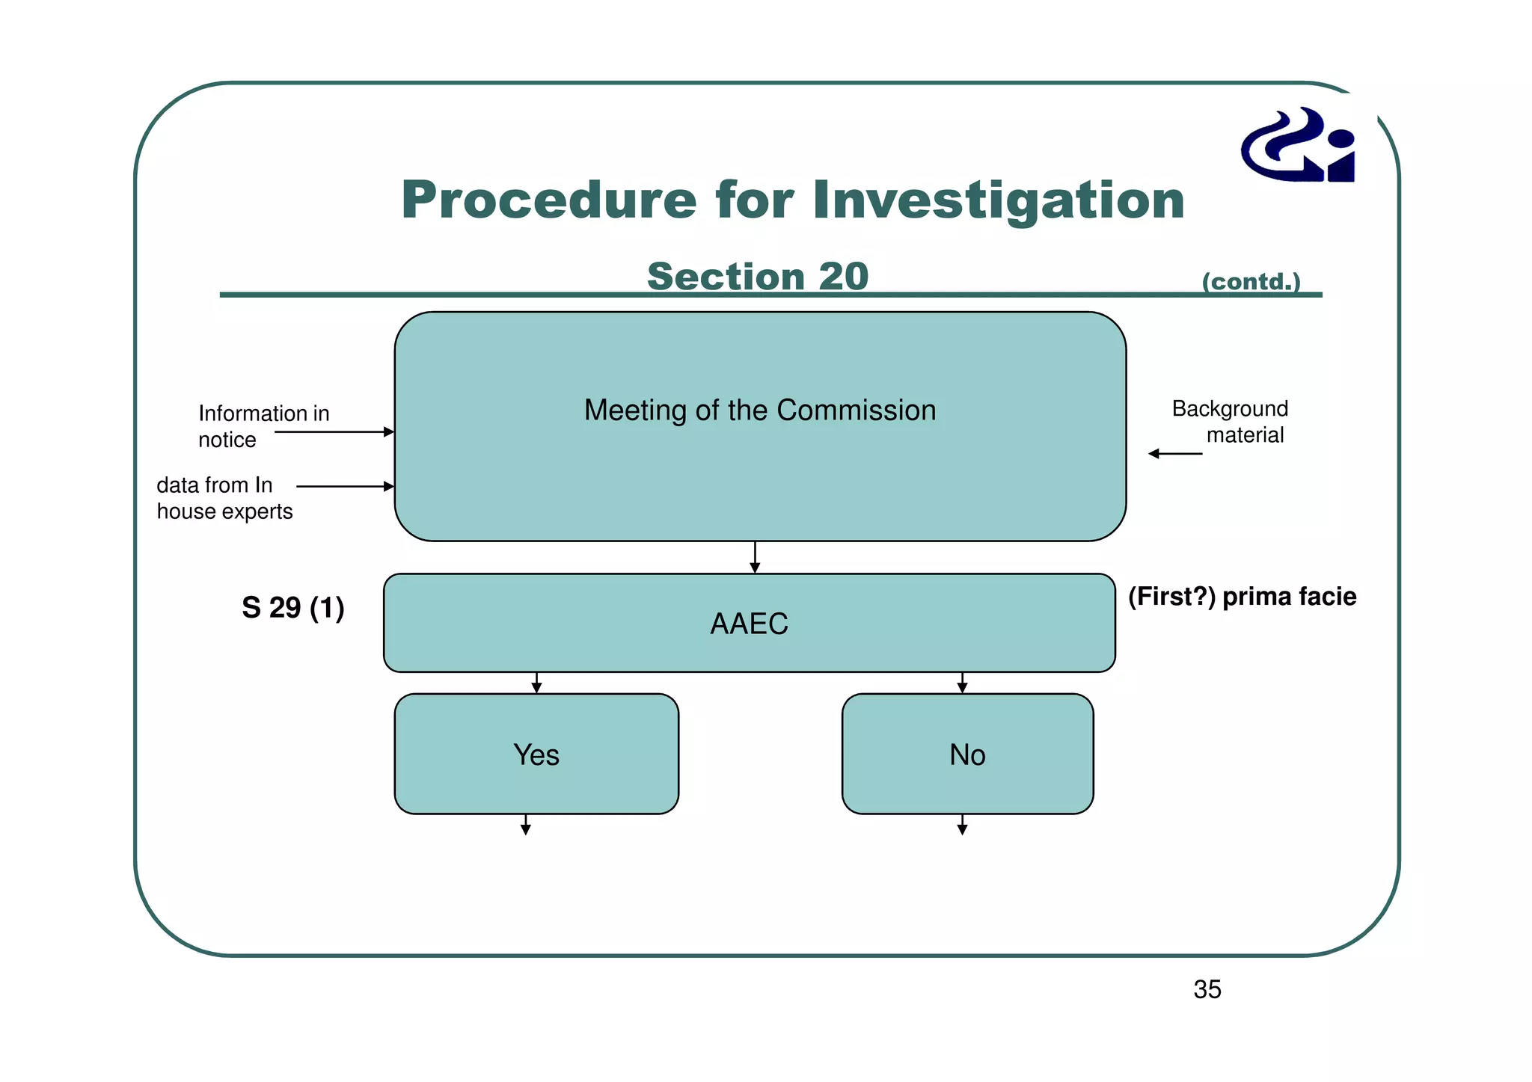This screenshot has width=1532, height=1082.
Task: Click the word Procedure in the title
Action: click(x=548, y=200)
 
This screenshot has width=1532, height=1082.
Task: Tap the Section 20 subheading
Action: click(x=757, y=277)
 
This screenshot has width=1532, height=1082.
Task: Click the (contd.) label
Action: click(x=1251, y=282)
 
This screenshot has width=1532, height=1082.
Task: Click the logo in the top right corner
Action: click(x=1299, y=145)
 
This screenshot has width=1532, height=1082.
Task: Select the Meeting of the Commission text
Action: click(x=759, y=411)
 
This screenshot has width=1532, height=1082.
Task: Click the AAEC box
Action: click(x=749, y=623)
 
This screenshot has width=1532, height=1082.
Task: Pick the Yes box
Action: click(x=536, y=754)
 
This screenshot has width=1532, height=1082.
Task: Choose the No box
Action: click(x=966, y=754)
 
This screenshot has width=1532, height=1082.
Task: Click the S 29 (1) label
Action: click(x=292, y=607)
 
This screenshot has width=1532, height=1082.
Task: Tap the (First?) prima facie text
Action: click(x=1242, y=597)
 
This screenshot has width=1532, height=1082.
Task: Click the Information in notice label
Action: click(x=263, y=426)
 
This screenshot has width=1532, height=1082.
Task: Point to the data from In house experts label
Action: click(x=224, y=498)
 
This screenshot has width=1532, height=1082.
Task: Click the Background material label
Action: click(x=1231, y=422)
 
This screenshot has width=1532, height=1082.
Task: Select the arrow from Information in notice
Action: click(x=334, y=432)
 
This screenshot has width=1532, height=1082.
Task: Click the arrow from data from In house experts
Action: click(x=345, y=487)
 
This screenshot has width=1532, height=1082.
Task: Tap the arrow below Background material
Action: click(x=1175, y=454)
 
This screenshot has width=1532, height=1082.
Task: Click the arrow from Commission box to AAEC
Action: click(x=755, y=557)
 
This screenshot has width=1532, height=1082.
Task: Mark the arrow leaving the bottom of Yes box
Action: click(x=526, y=825)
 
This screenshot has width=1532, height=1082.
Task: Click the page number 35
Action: click(x=1207, y=989)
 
